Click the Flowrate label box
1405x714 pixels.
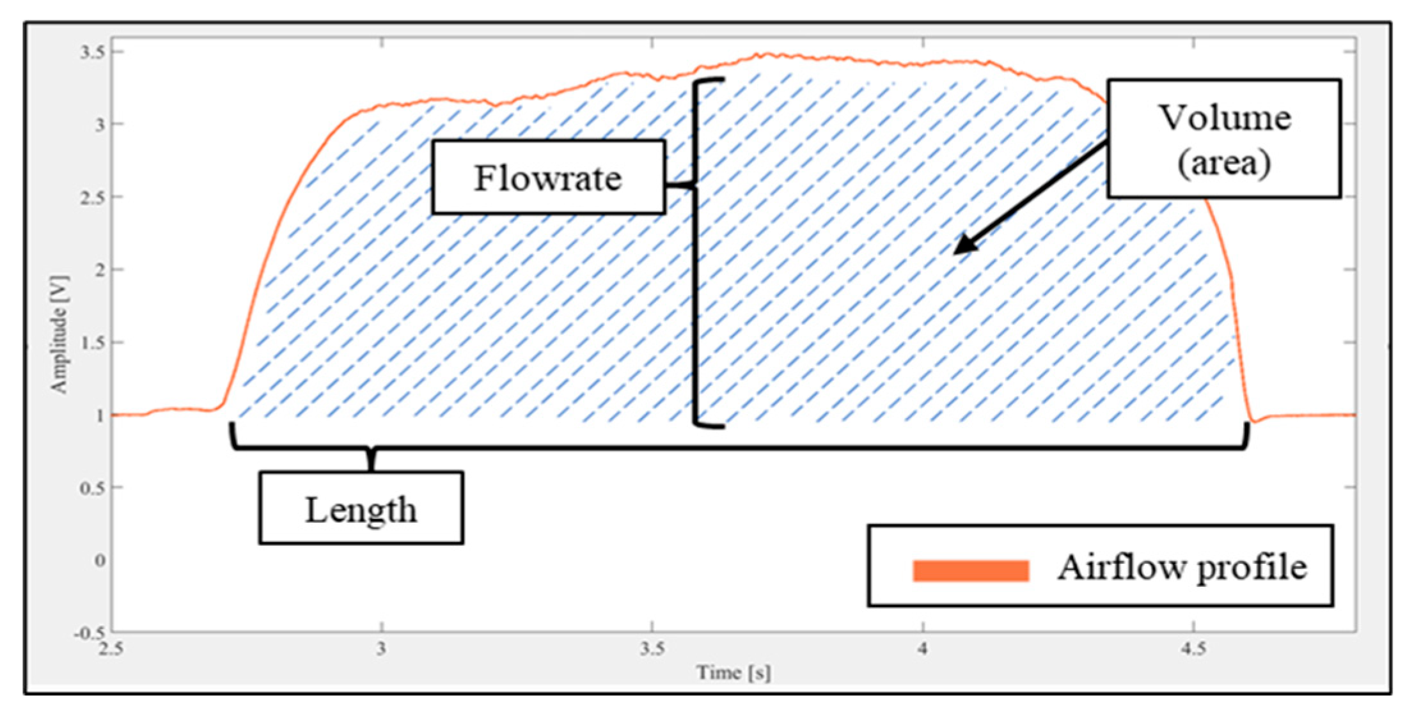(548, 177)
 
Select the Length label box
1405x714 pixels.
(361, 509)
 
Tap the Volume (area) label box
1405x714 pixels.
(1223, 139)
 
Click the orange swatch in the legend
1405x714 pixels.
(970, 570)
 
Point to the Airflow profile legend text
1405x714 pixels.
(1181, 568)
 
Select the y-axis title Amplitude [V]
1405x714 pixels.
(59, 334)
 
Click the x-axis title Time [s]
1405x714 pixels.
(733, 672)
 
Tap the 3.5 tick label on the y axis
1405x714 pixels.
(92, 52)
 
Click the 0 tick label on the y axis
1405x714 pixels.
(100, 561)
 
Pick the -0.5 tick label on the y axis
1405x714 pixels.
(89, 633)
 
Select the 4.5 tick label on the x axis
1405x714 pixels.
(1193, 649)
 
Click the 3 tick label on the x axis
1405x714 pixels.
(381, 649)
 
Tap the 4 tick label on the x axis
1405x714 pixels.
(922, 649)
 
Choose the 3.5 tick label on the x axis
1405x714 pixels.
(652, 649)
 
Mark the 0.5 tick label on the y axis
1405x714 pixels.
(92, 488)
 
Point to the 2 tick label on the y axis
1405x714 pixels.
(100, 270)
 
